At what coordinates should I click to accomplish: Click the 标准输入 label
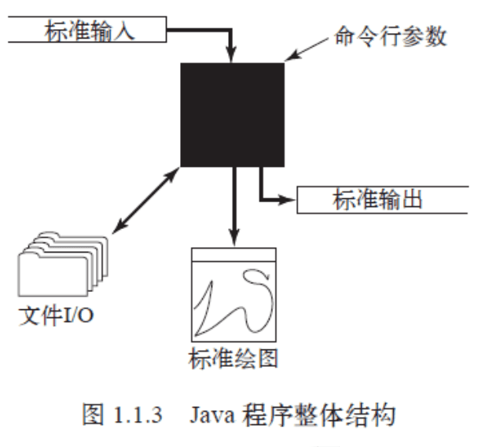click(x=90, y=30)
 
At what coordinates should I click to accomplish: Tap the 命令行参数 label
click(x=391, y=36)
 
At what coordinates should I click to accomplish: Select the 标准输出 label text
click(x=377, y=200)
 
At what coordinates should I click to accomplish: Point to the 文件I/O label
click(x=56, y=316)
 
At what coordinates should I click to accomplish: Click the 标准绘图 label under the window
click(x=233, y=358)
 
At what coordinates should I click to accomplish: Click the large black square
click(x=233, y=115)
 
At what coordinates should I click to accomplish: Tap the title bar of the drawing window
click(x=233, y=255)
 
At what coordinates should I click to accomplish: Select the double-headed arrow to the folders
click(x=145, y=200)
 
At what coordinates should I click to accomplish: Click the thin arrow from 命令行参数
click(x=307, y=50)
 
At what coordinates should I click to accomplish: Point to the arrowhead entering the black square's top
click(x=231, y=54)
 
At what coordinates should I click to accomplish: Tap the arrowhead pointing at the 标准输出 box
click(x=287, y=200)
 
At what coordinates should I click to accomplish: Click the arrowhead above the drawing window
click(x=234, y=238)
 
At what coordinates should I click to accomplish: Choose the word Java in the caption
click(x=212, y=415)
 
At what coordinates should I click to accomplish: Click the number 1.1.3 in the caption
click(x=138, y=415)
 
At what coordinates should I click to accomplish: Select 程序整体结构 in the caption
click(x=319, y=415)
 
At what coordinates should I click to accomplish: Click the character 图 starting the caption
click(x=93, y=415)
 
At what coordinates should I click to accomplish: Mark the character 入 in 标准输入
click(x=124, y=31)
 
